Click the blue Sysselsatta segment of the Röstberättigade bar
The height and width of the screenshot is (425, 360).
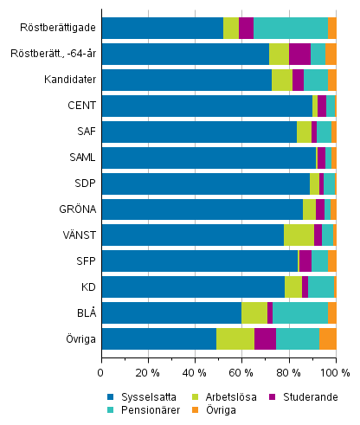[x=162, y=28]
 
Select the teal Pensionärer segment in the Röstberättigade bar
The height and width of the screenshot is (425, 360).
[x=291, y=28]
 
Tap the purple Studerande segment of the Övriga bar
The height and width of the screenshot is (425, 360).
[x=265, y=338]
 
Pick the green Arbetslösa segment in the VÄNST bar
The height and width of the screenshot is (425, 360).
[x=299, y=235]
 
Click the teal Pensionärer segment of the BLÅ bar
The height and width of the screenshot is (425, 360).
[x=300, y=312]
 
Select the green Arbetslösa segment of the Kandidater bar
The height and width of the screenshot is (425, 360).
[x=282, y=80]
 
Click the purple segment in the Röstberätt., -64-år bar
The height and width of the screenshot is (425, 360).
[x=299, y=54]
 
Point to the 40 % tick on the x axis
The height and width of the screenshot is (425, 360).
[x=195, y=372]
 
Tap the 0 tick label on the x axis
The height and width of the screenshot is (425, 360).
[x=101, y=372]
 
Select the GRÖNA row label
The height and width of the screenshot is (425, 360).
[x=79, y=209]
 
